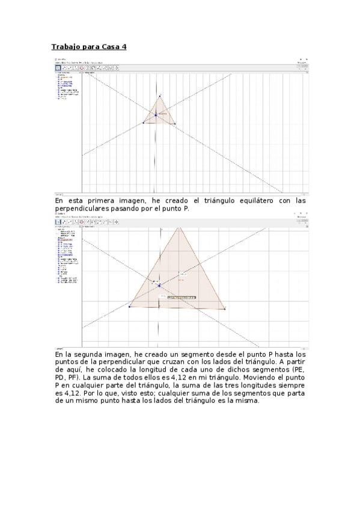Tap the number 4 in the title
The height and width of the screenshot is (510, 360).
click(x=124, y=46)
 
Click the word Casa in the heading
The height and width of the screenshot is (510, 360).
click(x=110, y=46)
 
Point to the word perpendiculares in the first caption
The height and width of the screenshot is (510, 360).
click(x=82, y=208)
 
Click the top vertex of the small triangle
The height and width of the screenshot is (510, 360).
click(x=160, y=96)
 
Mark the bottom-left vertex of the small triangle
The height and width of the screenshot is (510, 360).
click(x=144, y=123)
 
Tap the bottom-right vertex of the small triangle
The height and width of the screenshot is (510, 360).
click(x=175, y=124)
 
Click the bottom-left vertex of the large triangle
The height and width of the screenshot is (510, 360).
click(x=129, y=307)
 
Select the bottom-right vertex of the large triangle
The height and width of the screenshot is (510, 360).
click(x=225, y=309)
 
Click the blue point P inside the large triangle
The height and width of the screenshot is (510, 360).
click(x=159, y=285)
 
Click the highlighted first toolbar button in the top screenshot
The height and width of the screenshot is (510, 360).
click(x=58, y=69)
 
